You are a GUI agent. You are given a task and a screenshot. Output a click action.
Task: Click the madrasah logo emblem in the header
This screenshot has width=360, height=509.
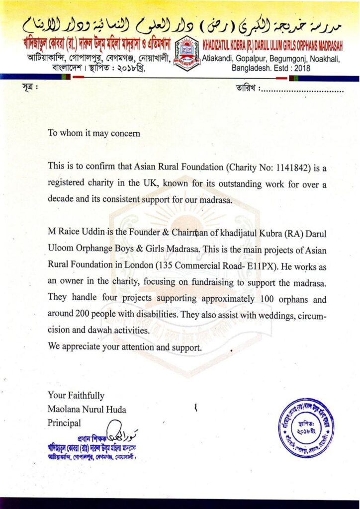coord(187,53)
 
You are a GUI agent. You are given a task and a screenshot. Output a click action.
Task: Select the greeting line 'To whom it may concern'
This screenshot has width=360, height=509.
coord(94,133)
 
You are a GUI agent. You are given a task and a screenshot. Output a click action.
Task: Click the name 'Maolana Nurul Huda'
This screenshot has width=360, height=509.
coord(87,410)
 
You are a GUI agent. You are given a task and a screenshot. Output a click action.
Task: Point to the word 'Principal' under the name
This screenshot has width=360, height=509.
coord(64,424)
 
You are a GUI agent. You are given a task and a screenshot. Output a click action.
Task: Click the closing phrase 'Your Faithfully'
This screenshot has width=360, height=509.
coord(76,396)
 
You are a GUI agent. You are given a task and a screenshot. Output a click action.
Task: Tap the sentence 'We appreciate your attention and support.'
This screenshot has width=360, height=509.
coord(125,347)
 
